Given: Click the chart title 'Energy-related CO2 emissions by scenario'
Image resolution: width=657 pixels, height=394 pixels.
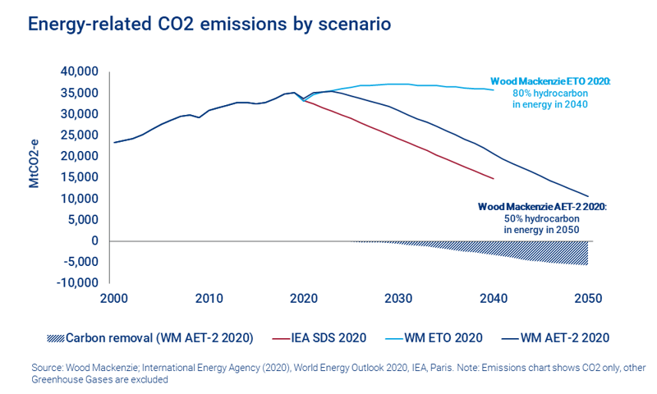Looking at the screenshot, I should [x=209, y=24].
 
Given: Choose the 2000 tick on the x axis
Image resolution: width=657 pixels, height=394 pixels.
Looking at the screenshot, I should [x=114, y=298].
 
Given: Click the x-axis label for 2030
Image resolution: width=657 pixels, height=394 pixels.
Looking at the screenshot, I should [x=398, y=298].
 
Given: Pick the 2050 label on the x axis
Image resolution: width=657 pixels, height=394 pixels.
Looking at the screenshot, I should [x=587, y=298].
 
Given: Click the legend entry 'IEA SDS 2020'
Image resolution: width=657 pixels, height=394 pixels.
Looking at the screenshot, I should [x=328, y=337].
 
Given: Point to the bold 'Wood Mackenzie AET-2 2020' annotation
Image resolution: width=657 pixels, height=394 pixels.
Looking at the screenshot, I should [x=542, y=208].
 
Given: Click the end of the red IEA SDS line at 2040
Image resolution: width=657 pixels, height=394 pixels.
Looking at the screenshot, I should [x=493, y=178].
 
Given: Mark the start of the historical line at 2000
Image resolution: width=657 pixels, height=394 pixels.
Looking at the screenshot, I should [x=114, y=142].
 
